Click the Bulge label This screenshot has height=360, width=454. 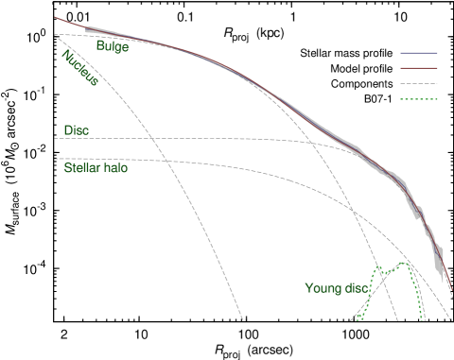(113, 46)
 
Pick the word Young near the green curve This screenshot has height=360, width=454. (322, 288)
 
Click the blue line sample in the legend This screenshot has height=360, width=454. (419, 53)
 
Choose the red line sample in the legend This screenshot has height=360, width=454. (419, 68)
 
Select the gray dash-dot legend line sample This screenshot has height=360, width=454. (419, 83)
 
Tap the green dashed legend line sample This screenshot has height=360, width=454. (419, 98)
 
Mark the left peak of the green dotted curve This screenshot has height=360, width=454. (379, 268)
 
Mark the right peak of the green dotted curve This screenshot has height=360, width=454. (408, 263)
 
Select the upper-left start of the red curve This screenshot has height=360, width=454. (56, 17)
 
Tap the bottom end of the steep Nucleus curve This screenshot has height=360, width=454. (242, 320)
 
